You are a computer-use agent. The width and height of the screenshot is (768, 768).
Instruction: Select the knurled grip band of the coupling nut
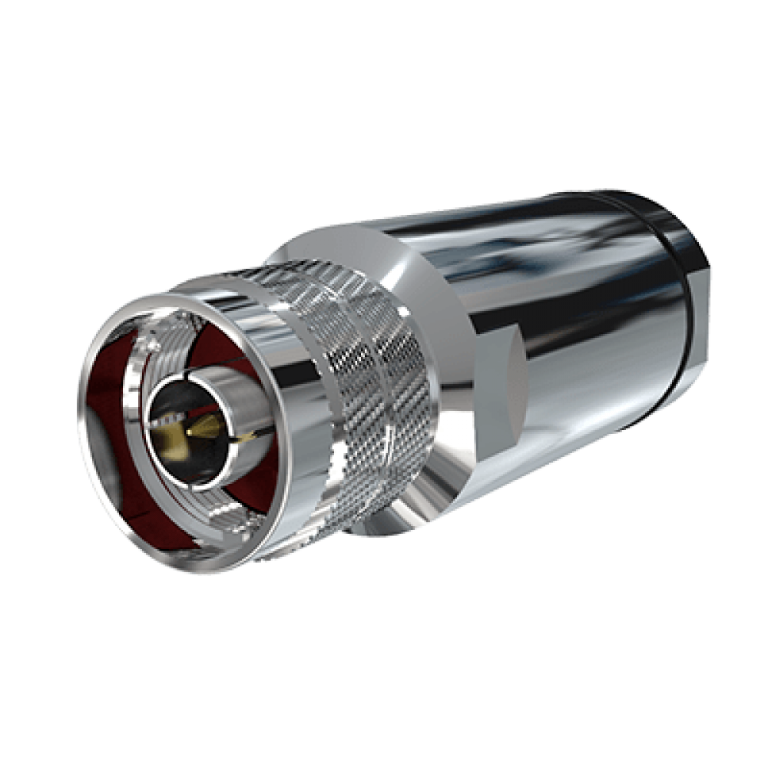376,384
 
